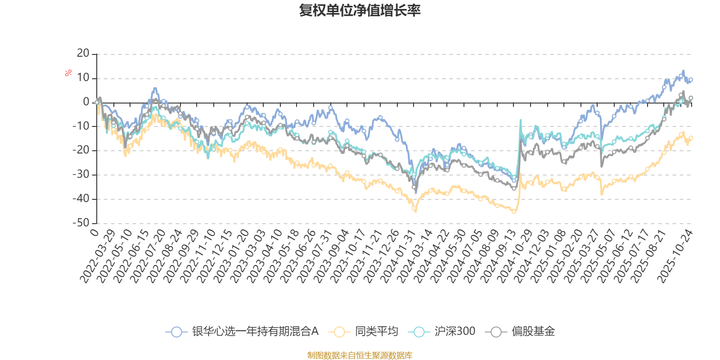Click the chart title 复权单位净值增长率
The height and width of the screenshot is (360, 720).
point(360,10)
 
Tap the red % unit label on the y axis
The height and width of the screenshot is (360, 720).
point(68,73)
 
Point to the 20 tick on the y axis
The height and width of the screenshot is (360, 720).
point(83,54)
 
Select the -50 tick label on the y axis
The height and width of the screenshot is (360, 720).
point(81,223)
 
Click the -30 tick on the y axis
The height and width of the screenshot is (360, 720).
point(81,175)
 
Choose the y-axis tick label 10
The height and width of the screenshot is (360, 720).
point(83,78)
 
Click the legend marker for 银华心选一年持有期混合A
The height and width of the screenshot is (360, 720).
point(176,332)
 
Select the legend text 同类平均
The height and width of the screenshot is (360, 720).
point(377,332)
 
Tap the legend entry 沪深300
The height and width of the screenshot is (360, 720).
point(454,332)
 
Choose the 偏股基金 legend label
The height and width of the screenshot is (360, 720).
point(533,332)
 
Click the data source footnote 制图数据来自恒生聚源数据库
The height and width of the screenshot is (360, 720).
point(360,355)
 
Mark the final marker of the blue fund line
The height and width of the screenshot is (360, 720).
point(691,80)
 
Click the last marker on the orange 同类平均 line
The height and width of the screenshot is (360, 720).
point(691,138)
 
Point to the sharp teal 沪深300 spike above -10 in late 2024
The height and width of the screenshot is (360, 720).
point(521,120)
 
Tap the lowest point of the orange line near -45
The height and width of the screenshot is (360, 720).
point(514,212)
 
